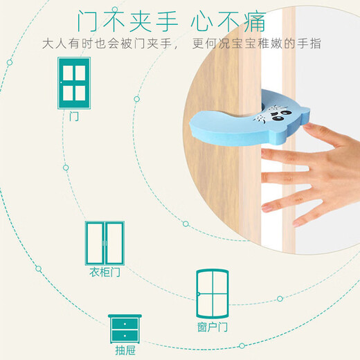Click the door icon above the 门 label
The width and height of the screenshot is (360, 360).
[73, 83]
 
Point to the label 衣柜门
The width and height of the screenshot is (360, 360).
[105, 272]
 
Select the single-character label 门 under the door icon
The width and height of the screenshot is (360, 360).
[74, 116]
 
